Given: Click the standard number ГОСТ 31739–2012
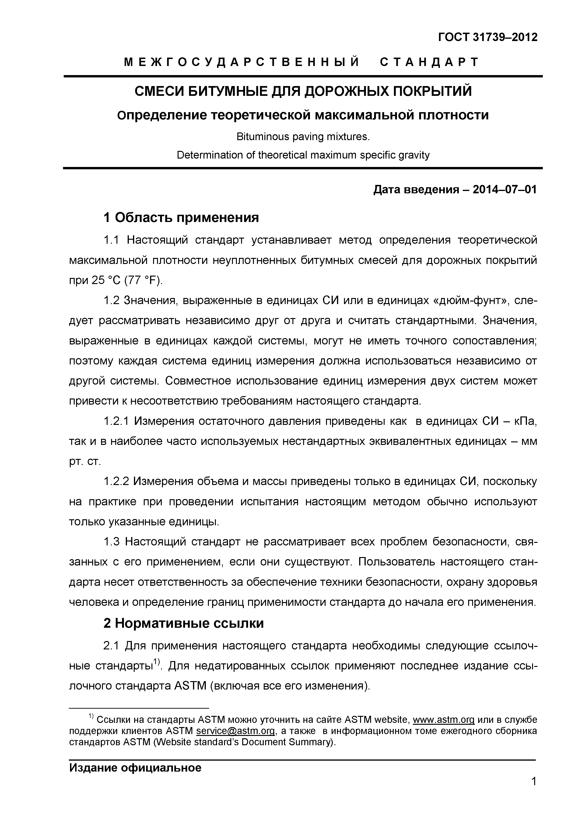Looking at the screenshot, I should [x=488, y=37].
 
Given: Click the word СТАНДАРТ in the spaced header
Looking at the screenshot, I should [x=429, y=62].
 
